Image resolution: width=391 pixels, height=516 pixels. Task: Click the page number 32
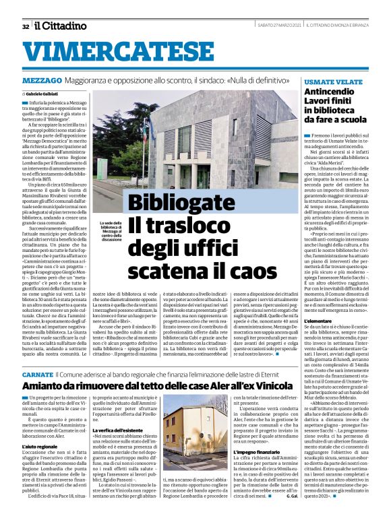click(25, 27)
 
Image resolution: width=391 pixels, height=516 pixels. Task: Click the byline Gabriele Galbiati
click(43, 93)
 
